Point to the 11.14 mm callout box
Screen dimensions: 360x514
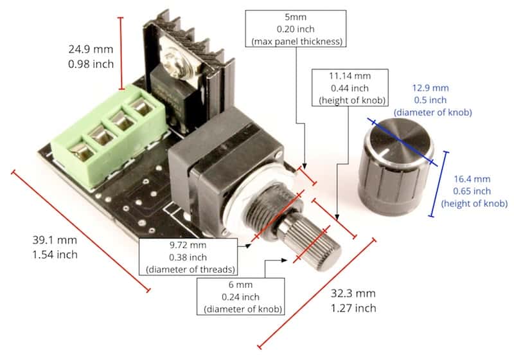(x=349, y=87)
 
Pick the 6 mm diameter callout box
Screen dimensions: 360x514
(x=243, y=296)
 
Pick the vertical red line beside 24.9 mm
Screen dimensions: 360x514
(x=121, y=53)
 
